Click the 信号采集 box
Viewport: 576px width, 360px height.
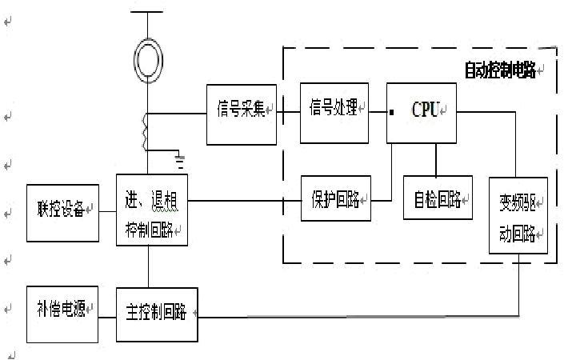click(241, 114)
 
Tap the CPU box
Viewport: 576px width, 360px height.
click(422, 111)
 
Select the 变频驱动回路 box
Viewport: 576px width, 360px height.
click(518, 214)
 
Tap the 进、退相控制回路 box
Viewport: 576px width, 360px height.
click(151, 210)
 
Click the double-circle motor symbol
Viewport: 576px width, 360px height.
click(148, 61)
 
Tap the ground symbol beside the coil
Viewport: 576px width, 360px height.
click(181, 163)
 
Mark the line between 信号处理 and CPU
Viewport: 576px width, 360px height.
click(378, 112)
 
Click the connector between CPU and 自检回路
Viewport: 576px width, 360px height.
click(435, 158)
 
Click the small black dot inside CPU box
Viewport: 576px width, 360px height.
click(392, 112)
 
